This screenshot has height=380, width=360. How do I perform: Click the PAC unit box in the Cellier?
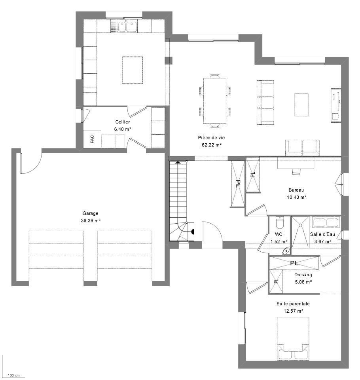pyautogui.click(x=92, y=139)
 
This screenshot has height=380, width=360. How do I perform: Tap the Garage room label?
pyautogui.click(x=90, y=213)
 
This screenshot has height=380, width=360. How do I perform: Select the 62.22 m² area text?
pyautogui.click(x=212, y=145)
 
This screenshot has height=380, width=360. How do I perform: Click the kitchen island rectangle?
pyautogui.click(x=132, y=70)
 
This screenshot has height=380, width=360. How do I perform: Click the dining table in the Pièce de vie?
pyautogui.click(x=215, y=101)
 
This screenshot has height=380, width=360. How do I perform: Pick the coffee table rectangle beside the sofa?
pyautogui.click(x=301, y=104)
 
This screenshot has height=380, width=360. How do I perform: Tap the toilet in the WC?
pyautogui.click(x=280, y=222)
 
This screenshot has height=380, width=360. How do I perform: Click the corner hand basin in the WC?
pyautogui.click(x=286, y=251)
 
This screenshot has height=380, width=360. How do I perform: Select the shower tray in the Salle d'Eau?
pyautogui.click(x=300, y=232)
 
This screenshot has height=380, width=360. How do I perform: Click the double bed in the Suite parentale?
pyautogui.click(x=293, y=338)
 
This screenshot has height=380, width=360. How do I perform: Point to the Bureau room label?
pyautogui.click(x=296, y=190)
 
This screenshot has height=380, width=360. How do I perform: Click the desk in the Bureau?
pyautogui.click(x=296, y=163)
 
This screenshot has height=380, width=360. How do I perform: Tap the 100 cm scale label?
pyautogui.click(x=13, y=375)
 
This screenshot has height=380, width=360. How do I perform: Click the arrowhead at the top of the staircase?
pyautogui.click(x=178, y=163)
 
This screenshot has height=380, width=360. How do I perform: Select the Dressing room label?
pyautogui.click(x=303, y=275)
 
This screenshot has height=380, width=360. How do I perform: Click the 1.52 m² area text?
pyautogui.click(x=279, y=241)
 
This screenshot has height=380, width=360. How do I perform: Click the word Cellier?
pyautogui.click(x=123, y=122)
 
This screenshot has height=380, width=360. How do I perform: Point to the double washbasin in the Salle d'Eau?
pyautogui.click(x=326, y=222)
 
